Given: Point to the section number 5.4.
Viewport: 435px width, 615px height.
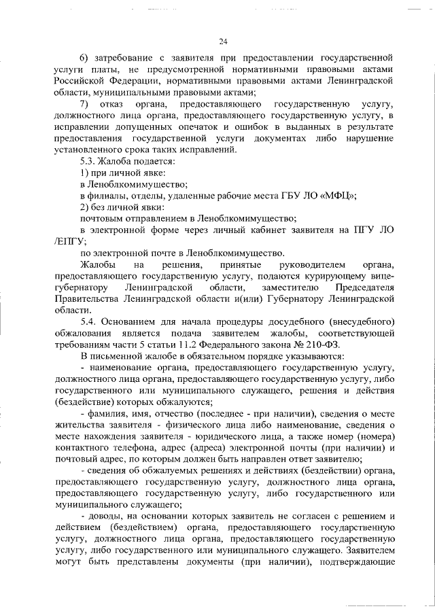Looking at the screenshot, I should point(90,320).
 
